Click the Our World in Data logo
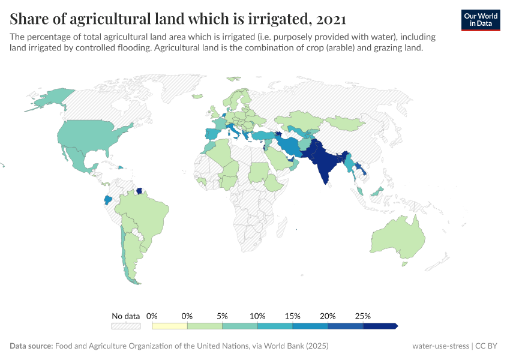click(481, 20)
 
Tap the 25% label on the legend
click(363, 316)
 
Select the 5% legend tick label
click(222, 316)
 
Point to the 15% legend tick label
click(292, 316)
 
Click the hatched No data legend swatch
click(126, 326)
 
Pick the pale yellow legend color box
click(170, 326)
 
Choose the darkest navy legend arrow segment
click(380, 326)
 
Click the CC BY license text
click(488, 346)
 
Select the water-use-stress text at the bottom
click(440, 346)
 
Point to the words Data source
click(31, 346)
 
